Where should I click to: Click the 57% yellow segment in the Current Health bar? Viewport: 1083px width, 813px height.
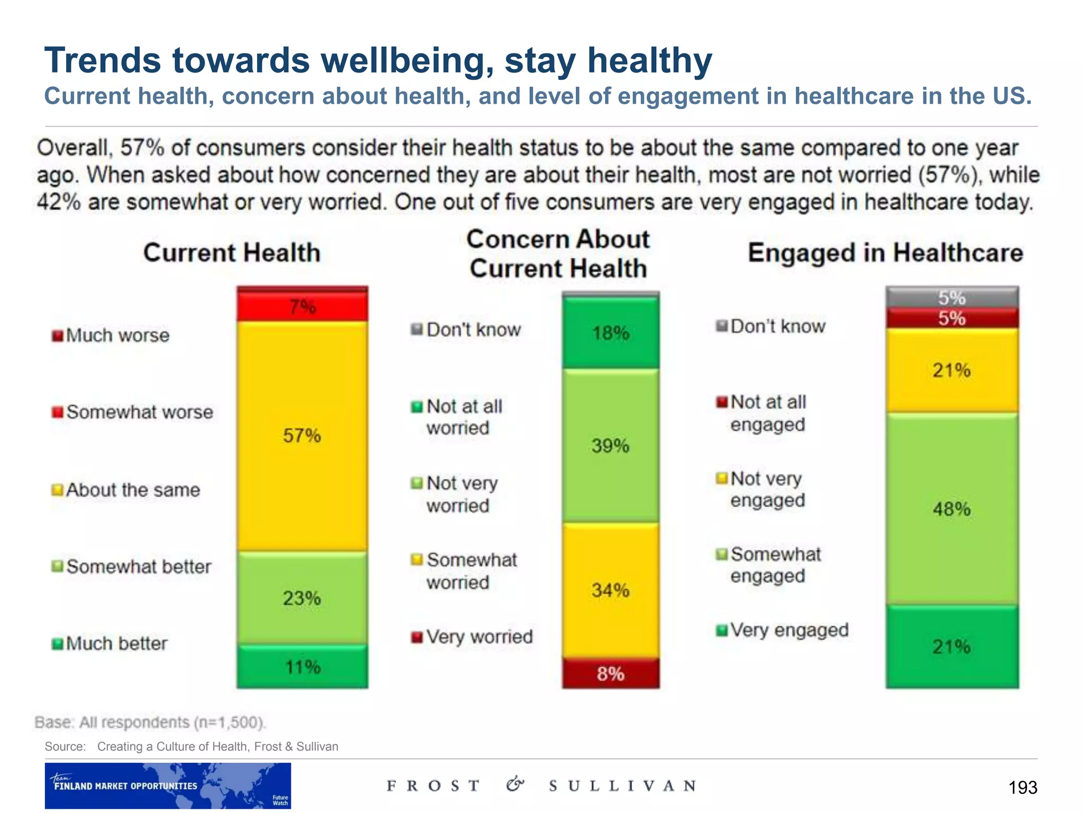point(302,436)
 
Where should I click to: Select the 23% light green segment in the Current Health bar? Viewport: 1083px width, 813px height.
point(302,598)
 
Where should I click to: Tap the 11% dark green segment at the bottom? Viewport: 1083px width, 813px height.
point(302,666)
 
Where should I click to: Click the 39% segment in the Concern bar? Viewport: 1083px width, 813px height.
point(610,446)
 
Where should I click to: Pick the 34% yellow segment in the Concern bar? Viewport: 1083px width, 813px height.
point(610,590)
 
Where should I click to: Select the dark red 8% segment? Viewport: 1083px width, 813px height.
point(610,673)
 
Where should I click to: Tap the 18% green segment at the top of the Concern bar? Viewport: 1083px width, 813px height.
point(610,333)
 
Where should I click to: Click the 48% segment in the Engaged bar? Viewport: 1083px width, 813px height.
point(951,509)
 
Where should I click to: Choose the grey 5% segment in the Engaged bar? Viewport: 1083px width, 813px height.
point(951,297)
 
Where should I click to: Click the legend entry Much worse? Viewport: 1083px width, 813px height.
point(111,336)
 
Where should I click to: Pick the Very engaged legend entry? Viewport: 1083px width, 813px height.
point(782,630)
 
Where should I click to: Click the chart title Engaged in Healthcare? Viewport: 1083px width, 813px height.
point(885,252)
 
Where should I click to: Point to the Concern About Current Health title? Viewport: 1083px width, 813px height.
point(558,254)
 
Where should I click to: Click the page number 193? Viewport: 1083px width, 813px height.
point(1022,787)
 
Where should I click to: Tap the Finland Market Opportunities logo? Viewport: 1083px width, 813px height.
point(168,785)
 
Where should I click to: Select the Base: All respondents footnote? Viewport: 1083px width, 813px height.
point(150,722)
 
